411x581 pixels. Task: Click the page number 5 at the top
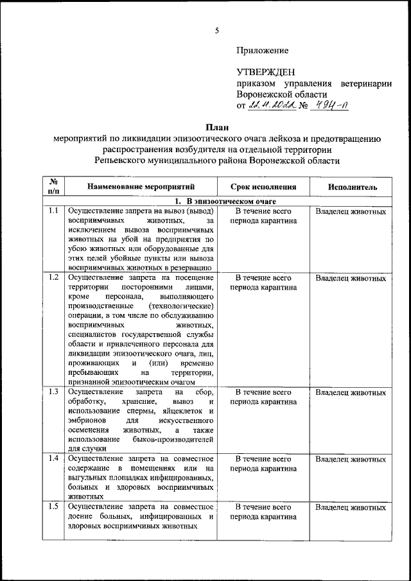217,30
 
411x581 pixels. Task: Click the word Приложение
263,50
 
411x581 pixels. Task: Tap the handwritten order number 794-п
329,106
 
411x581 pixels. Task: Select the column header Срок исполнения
263,187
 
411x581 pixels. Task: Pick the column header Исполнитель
351,187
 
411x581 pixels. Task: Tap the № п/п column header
53,187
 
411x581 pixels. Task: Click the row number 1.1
53,211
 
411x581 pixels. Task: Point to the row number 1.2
53,277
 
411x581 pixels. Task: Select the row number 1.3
53,392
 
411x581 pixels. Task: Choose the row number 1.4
53,459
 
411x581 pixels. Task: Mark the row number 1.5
53,507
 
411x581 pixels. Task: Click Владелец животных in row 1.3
351,392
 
